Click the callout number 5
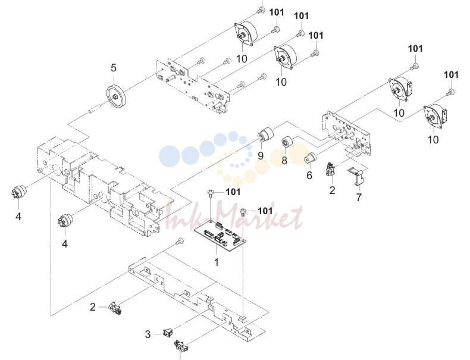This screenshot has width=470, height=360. [x=113, y=68]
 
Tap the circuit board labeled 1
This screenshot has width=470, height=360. [x=220, y=236]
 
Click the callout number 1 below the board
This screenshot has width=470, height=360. [x=217, y=262]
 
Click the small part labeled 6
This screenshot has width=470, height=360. [x=311, y=158]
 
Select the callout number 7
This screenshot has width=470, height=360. [x=359, y=197]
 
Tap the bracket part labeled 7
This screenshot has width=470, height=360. [x=356, y=177]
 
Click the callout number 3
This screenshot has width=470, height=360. [x=148, y=334]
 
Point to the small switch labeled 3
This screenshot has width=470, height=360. [x=168, y=333]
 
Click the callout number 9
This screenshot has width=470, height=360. [x=261, y=156]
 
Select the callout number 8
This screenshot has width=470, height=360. [x=284, y=161]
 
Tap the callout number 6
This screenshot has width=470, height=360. [x=309, y=176]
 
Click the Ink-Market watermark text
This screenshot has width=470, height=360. [x=234, y=217]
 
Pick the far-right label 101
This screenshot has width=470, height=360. [x=451, y=74]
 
